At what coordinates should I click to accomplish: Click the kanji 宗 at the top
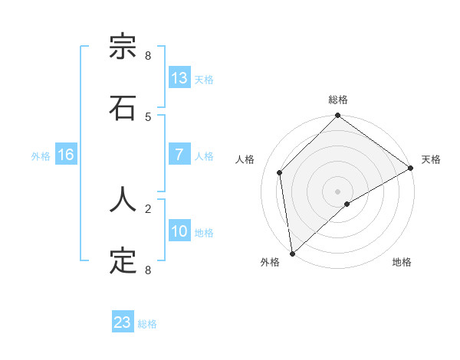(123, 48)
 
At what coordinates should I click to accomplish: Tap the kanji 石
(123, 109)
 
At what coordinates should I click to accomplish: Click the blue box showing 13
(179, 78)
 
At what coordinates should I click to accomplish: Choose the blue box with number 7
(179, 155)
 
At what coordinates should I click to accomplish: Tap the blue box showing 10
(179, 231)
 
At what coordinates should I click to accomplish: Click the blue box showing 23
(123, 322)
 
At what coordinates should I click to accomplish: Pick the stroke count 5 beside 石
(148, 116)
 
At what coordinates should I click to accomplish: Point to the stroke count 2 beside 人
(148, 208)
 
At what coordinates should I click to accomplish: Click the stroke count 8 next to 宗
(148, 56)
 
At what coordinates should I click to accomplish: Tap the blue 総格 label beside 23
(148, 324)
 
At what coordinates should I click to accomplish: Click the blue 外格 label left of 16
(41, 155)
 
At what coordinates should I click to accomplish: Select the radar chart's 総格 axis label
(338, 100)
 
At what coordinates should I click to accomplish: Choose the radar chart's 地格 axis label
(402, 262)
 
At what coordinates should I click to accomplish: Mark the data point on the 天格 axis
(411, 169)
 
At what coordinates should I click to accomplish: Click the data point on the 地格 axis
(347, 204)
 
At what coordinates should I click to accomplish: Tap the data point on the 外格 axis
(292, 254)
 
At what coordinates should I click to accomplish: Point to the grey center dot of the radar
(338, 191)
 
